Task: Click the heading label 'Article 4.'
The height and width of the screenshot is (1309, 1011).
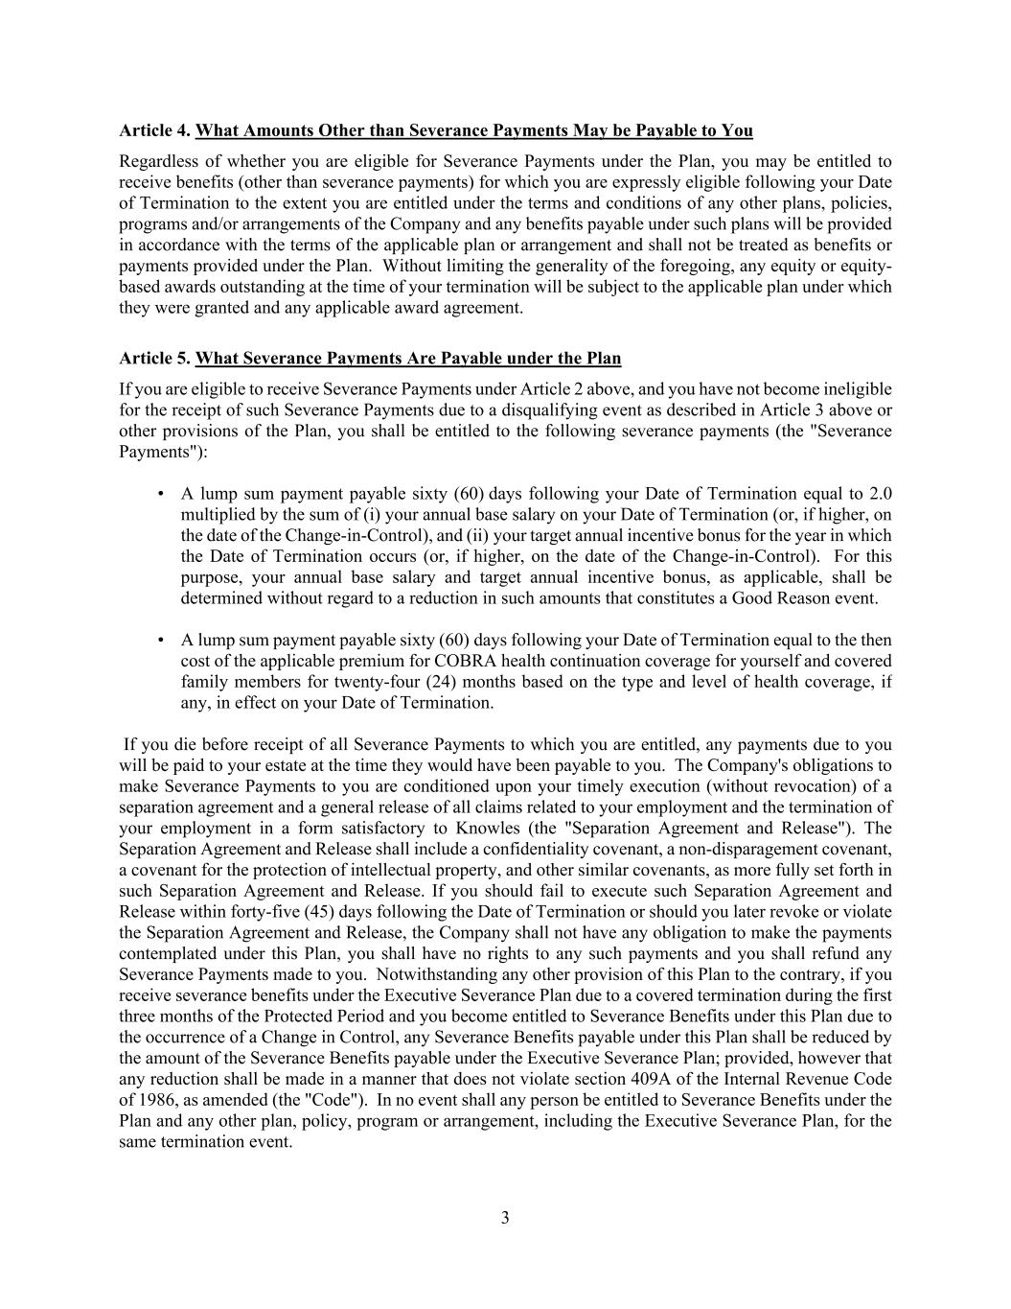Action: click(155, 130)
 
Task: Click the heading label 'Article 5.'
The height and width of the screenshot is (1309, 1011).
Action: click(155, 359)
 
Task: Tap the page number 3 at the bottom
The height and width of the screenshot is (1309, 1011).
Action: click(505, 1218)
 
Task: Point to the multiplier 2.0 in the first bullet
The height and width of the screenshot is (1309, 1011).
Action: click(880, 494)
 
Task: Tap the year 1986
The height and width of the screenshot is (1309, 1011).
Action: click(157, 1100)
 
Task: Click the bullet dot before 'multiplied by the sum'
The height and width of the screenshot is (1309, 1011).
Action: click(161, 495)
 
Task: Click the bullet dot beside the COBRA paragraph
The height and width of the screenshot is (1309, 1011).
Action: click(161, 641)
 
